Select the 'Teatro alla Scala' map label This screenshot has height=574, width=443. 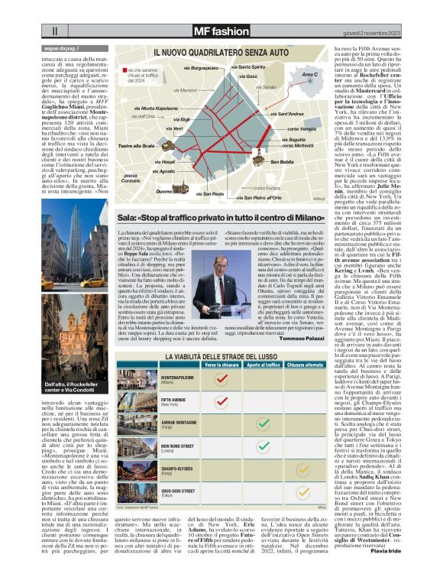tap(136, 145)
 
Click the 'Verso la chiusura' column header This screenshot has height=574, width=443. tap(222, 366)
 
